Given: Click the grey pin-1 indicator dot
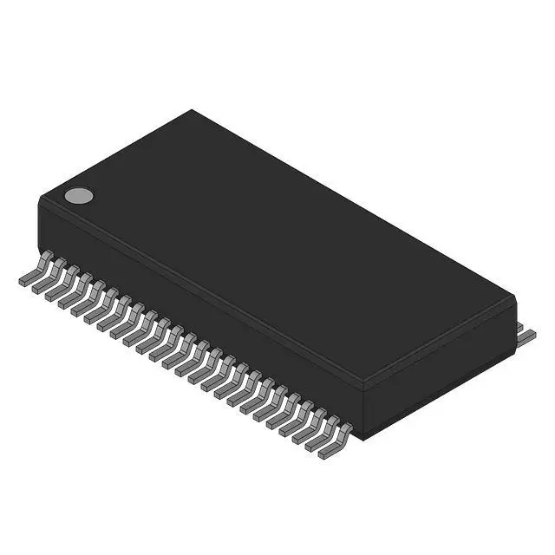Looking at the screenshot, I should tap(78, 196).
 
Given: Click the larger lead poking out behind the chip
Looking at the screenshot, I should tap(526, 336).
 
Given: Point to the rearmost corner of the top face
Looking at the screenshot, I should tap(192, 111).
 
